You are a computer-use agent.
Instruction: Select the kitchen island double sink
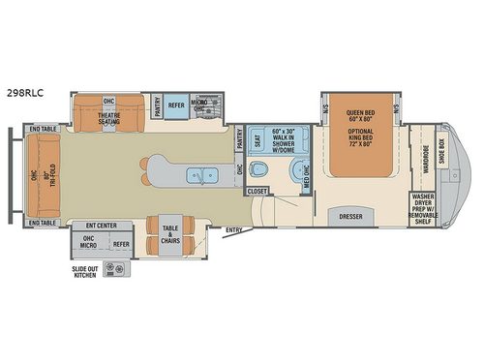204,177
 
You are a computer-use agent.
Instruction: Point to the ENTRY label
234,229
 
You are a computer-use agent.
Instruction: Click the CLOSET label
257,192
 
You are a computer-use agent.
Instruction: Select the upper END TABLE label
43,129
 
